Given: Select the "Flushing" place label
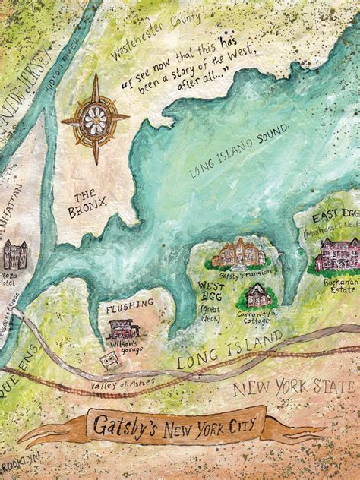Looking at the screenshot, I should click(130, 303).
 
